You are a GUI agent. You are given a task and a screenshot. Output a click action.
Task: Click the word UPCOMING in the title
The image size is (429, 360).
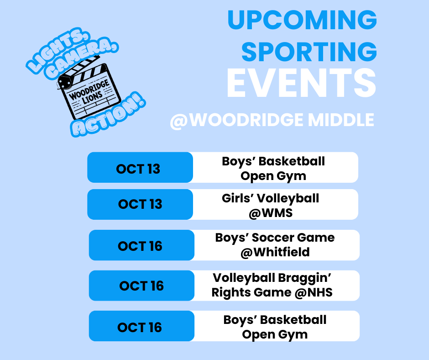[302, 21]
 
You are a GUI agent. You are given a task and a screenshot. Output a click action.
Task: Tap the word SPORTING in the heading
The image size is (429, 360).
[309, 52]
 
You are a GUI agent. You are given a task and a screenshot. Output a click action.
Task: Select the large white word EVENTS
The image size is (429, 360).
[301, 85]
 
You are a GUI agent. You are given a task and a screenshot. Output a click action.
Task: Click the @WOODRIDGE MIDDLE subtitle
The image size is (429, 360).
[272, 120]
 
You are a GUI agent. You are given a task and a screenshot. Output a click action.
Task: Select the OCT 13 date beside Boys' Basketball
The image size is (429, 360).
[138, 169]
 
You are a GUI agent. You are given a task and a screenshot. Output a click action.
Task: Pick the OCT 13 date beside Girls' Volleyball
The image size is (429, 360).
[140, 204]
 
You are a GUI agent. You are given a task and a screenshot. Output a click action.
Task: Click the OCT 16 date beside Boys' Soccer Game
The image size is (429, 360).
[140, 246]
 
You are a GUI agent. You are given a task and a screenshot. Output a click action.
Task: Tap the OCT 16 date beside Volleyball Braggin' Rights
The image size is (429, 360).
[141, 286]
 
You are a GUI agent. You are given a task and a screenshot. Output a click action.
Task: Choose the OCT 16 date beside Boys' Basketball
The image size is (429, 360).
[140, 328]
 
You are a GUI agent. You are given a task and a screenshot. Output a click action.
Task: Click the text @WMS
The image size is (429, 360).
[271, 213]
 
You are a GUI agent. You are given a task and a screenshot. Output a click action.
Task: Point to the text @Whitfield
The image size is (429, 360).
[275, 252]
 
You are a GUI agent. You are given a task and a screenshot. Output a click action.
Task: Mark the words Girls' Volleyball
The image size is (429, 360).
[271, 198]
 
